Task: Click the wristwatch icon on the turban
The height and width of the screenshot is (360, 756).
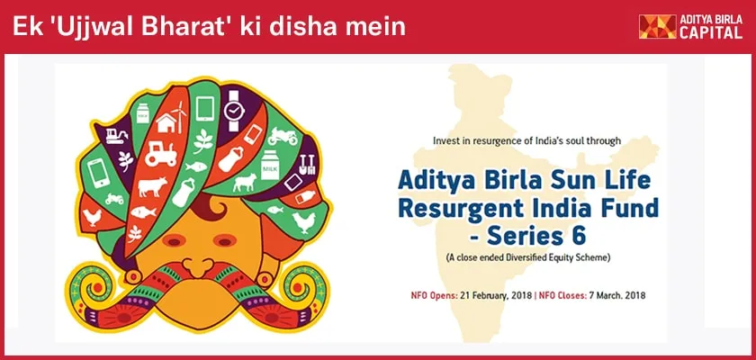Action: pos(234,112)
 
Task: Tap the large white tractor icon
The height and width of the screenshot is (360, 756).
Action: pos(160,154)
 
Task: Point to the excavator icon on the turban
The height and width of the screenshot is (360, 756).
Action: pos(116,136)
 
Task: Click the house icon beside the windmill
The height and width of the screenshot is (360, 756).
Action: pos(166,123)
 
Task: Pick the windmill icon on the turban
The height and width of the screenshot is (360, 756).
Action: pos(179,116)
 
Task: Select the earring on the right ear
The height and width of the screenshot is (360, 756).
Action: pos(264,279)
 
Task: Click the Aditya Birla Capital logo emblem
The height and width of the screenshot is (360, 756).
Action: pos(658,26)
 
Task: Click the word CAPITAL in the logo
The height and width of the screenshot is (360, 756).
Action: pos(711,32)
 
